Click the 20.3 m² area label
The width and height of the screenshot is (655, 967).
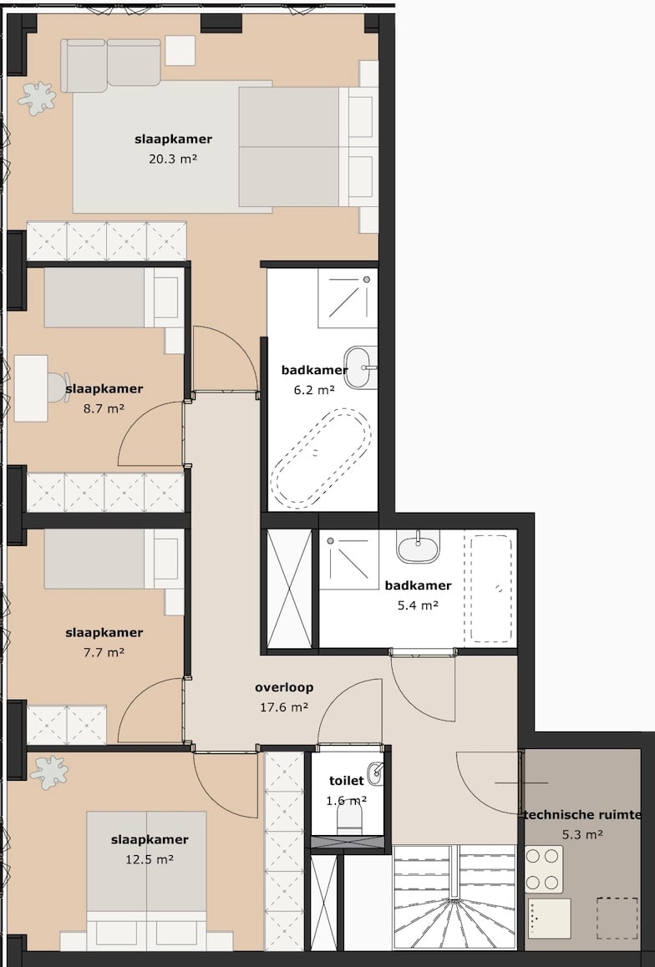173,159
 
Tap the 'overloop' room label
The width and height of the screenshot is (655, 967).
284,688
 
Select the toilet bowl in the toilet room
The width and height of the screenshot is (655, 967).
350,818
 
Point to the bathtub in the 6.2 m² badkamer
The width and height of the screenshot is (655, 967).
321,458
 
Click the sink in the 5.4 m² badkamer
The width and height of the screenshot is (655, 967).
418,549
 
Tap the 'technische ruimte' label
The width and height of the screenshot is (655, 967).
582,815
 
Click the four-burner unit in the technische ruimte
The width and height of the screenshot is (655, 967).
544,869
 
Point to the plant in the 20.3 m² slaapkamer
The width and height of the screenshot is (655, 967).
37,99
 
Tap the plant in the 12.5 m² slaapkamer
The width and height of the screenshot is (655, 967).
48,772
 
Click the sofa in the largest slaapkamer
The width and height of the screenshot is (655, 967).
110,65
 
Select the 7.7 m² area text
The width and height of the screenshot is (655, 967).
104,652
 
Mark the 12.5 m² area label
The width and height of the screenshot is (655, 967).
150,859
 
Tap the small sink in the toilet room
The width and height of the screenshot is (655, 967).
375,774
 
